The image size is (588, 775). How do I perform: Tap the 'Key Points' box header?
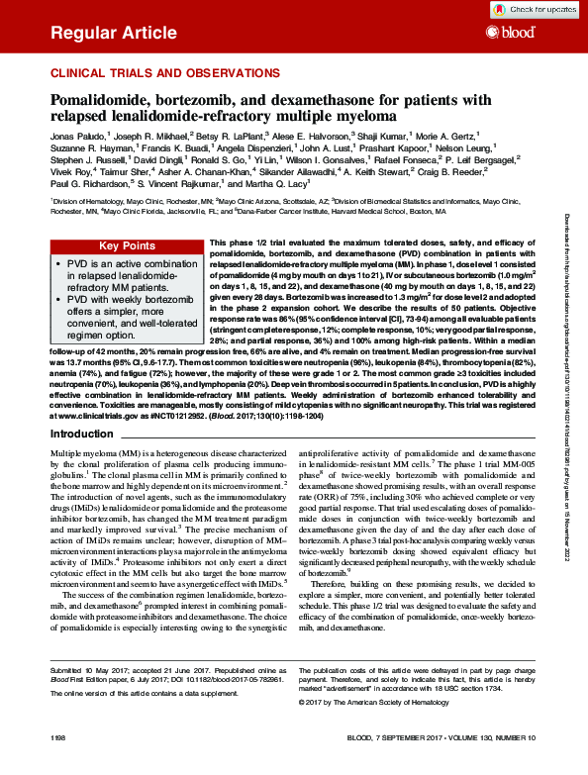[125, 246]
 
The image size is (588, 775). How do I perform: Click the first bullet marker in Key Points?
[58, 266]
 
